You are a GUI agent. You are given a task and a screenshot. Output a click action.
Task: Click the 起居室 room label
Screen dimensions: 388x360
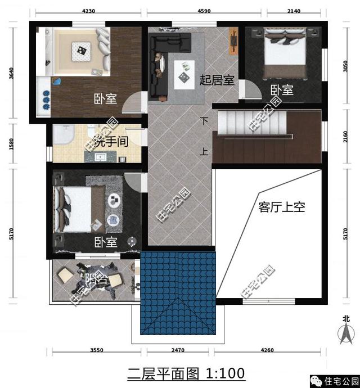click(x=217, y=80)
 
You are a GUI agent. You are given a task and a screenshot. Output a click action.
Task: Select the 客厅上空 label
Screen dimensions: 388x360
click(x=281, y=207)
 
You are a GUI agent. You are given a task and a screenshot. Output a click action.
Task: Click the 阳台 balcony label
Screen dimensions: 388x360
click(x=96, y=279)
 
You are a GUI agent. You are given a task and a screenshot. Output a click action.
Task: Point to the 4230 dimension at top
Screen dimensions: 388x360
click(x=89, y=9)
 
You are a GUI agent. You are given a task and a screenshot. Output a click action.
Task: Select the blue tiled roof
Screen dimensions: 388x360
click(x=178, y=292)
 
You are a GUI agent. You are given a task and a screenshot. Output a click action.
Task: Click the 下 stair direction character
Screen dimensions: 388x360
click(x=204, y=121)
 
